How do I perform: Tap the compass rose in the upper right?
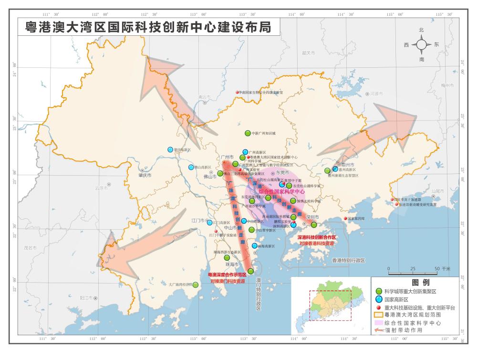422,45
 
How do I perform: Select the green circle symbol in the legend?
378,291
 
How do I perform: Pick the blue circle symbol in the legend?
378,299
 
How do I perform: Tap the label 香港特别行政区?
348,261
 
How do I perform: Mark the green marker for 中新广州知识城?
248,133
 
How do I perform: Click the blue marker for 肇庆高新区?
170,149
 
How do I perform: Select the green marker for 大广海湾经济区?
196,285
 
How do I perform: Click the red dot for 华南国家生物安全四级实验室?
237,92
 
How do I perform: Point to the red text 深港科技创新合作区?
317,237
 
